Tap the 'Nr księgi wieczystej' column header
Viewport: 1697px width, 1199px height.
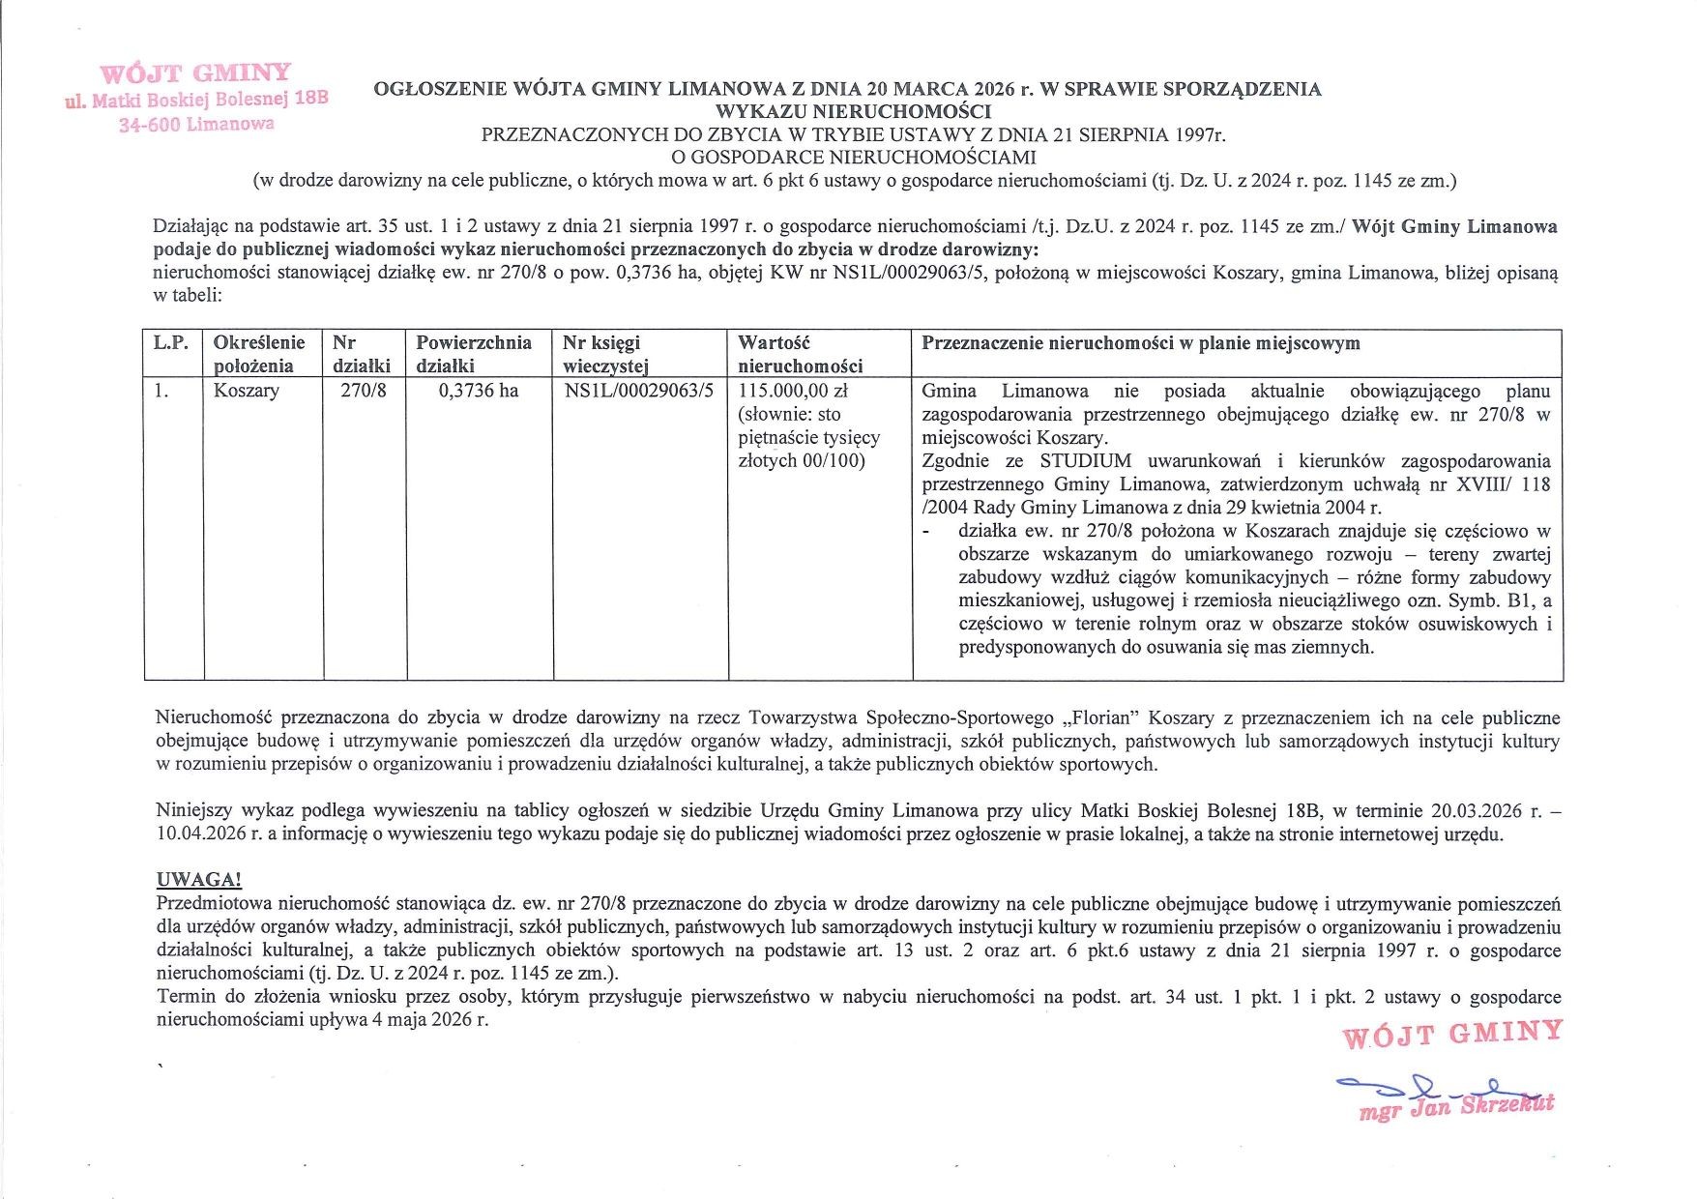(605, 354)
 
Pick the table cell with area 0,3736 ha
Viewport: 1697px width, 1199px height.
(478, 391)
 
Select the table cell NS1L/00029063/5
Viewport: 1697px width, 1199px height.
(638, 391)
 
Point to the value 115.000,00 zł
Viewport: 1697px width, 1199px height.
(793, 391)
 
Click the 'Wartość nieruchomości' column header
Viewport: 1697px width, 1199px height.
(799, 354)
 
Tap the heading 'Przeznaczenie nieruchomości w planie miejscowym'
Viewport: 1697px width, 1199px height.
(1140, 343)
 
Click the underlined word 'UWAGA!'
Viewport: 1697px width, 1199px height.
(198, 880)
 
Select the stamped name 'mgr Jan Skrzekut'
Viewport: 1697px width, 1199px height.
(1455, 1108)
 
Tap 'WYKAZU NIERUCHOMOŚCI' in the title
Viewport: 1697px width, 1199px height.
(847, 111)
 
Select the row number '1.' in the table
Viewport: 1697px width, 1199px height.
(161, 391)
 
